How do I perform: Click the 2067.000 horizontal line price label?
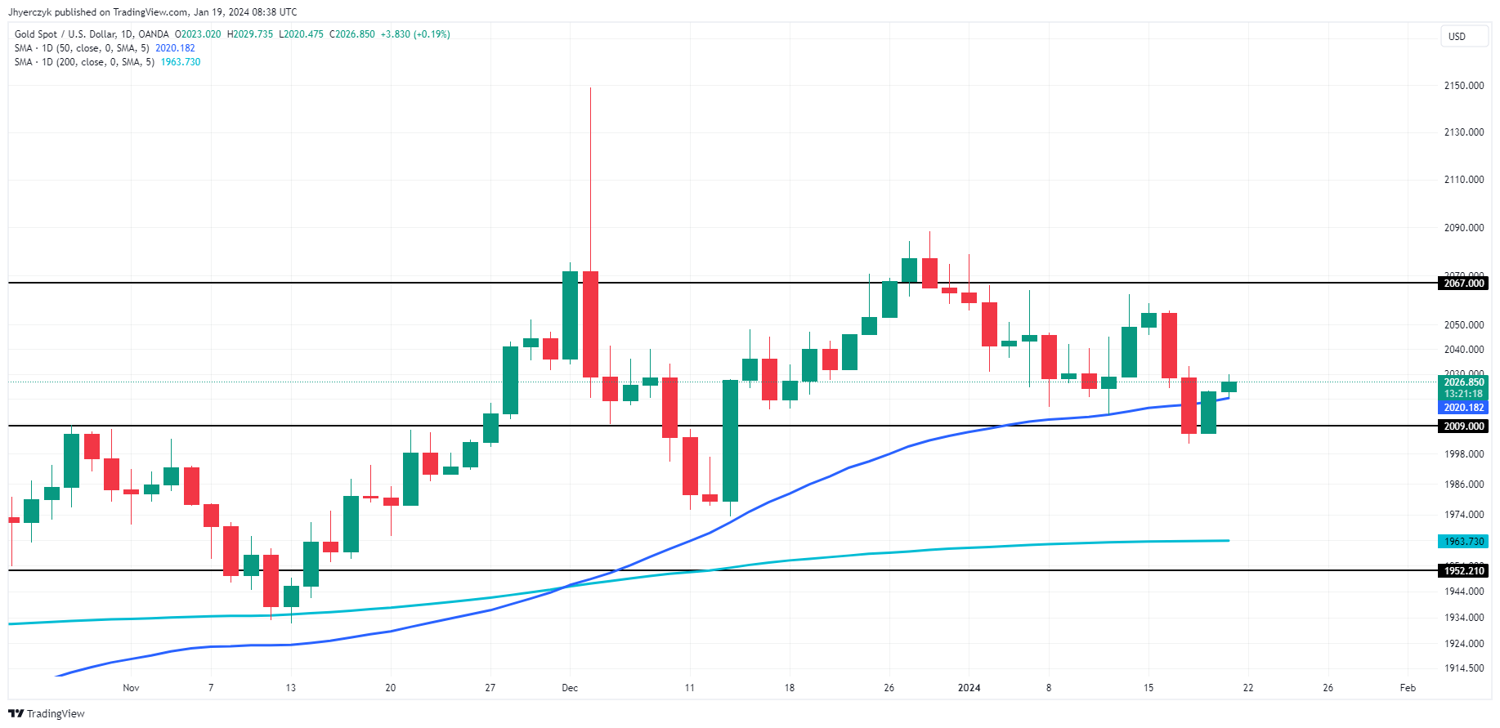1463,284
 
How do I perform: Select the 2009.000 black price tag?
1463,427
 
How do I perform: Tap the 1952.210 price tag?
1463,571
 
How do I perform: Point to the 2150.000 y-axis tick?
1463,86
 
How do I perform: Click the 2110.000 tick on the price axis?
1463,180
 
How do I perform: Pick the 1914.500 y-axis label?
1463,668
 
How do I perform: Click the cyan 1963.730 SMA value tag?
1463,542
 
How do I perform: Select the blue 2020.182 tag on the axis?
1463,408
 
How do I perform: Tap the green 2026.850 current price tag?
1463,382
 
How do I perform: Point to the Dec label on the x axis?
570,688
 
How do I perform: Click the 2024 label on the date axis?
969,688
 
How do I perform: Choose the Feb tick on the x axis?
1408,688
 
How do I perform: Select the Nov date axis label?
131,688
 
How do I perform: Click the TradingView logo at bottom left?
47,714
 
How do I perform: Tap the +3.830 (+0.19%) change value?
415,34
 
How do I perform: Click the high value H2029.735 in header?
250,34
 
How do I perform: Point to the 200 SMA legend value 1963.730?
181,62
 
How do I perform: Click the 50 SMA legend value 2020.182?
175,48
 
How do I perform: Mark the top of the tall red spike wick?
590,88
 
